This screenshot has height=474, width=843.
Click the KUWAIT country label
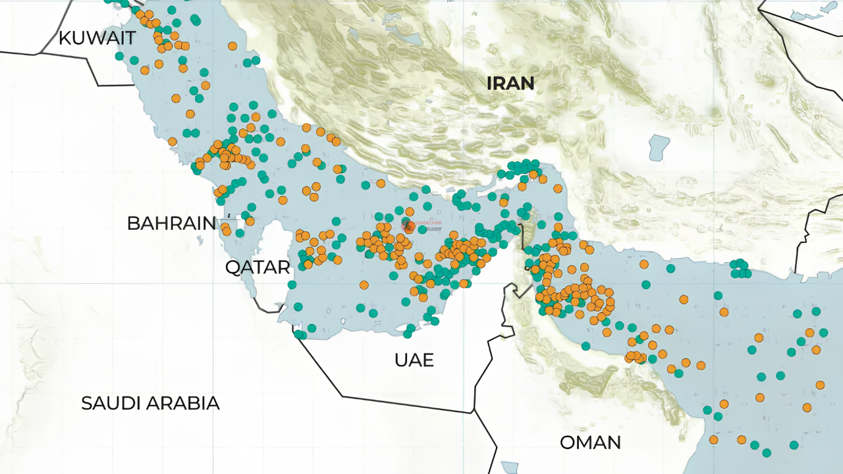pos(97,38)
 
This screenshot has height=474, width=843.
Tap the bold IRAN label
pos(510,84)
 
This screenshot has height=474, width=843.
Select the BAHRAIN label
pos(171,223)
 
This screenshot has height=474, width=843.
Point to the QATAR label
pos(257,267)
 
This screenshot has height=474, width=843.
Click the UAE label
pos(414,360)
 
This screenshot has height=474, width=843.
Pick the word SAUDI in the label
pos(115,403)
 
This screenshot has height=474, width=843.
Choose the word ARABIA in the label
pos(187,403)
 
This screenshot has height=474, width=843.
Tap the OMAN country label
pos(590,442)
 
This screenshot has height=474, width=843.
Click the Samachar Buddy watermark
pos(421,226)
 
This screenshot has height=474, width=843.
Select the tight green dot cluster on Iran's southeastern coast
pos(740,269)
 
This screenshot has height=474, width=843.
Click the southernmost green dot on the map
pos(767,453)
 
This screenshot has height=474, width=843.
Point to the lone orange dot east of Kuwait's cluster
pos(232,46)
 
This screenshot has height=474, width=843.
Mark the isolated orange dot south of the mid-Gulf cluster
pos(364,285)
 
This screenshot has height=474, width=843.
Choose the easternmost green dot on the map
pos(823,332)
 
